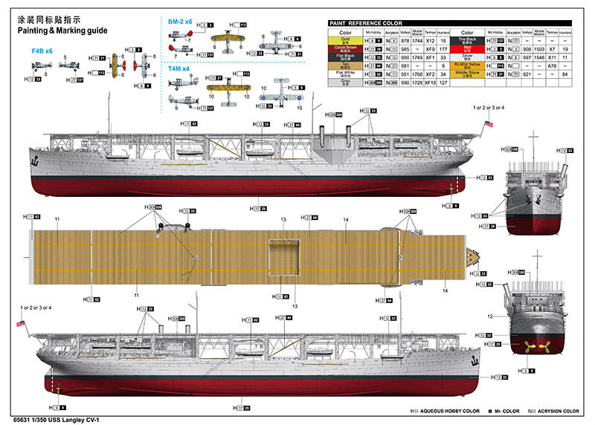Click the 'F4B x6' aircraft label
[x=42, y=51]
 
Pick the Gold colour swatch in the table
[x=345, y=40]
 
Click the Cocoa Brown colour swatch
[x=345, y=48]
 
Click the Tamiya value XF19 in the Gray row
[x=428, y=82]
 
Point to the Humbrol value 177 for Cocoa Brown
[x=443, y=48]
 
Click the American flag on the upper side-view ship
[x=486, y=126]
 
